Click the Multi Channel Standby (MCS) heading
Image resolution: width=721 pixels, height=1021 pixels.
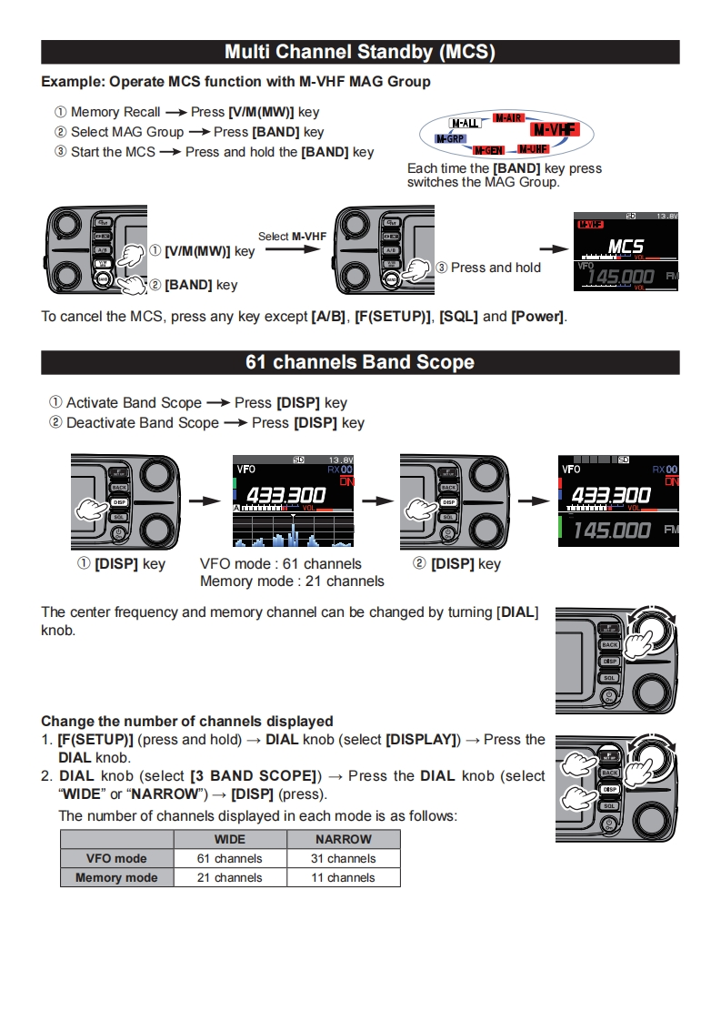(360, 52)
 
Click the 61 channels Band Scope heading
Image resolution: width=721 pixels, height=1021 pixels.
(360, 362)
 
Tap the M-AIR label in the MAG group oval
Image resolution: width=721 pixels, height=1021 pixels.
(507, 118)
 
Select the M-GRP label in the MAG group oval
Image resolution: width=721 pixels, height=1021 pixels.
(448, 138)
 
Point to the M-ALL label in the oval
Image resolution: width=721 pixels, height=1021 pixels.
(466, 123)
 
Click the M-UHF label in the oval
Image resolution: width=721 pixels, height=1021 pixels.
(533, 148)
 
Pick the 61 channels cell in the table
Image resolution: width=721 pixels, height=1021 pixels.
(230, 858)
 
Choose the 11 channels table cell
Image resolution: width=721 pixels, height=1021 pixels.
(343, 878)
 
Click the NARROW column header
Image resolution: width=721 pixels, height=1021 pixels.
(343, 839)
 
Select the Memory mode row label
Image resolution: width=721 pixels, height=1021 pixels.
(116, 878)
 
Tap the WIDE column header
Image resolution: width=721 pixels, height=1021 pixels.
(230, 839)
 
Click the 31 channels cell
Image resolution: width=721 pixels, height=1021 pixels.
(343, 858)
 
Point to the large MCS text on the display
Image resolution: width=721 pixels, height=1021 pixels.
(626, 247)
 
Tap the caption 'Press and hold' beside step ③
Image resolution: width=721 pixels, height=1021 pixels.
(496, 268)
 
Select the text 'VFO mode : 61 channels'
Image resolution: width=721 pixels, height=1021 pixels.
(280, 564)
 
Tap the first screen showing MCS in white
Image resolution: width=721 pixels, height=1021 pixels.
(626, 251)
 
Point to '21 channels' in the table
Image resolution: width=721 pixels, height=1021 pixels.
(230, 878)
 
